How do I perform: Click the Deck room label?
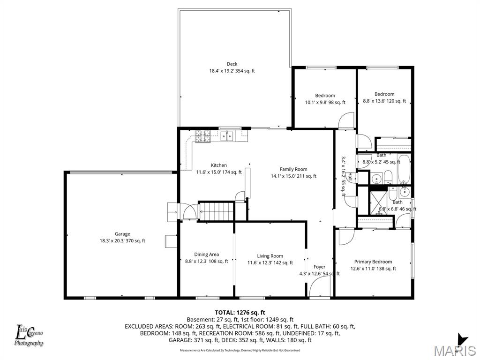point(232,64)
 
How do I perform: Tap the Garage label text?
point(122,234)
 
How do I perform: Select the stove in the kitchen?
point(204,136)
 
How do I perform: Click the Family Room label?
point(293,169)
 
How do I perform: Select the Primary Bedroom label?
point(373,262)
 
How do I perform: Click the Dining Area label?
point(207,255)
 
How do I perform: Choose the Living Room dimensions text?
point(270,263)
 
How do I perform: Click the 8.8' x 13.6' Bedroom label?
point(384,94)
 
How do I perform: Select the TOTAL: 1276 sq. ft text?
point(240,312)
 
